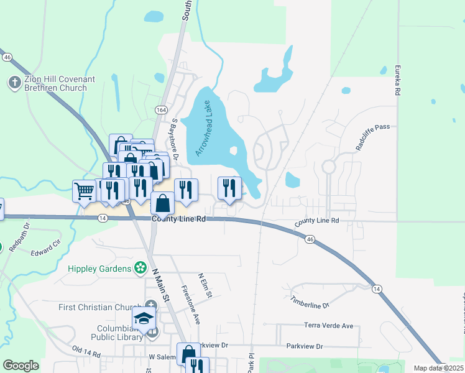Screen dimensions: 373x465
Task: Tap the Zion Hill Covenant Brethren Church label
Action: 56,83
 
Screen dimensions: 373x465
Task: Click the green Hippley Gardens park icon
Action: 142,269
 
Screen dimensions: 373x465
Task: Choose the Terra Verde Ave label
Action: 328,326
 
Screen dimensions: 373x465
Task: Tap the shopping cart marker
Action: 84,190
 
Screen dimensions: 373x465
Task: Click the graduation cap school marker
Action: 144,318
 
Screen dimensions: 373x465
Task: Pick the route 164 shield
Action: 161,110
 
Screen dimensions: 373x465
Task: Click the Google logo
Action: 21,366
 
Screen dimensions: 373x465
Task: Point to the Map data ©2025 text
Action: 438,368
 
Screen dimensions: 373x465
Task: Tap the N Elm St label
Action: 205,283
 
